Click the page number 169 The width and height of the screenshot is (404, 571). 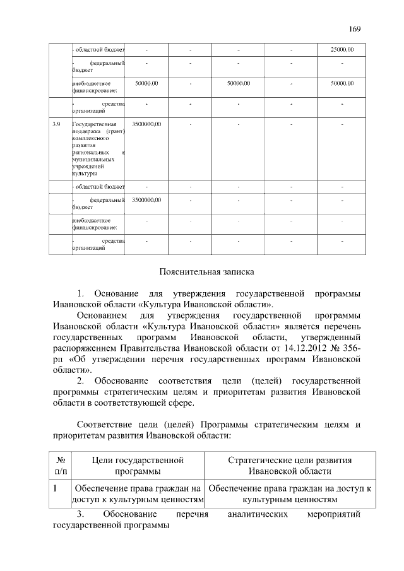[x=355, y=28]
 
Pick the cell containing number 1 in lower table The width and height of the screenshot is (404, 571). [x=56, y=488]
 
